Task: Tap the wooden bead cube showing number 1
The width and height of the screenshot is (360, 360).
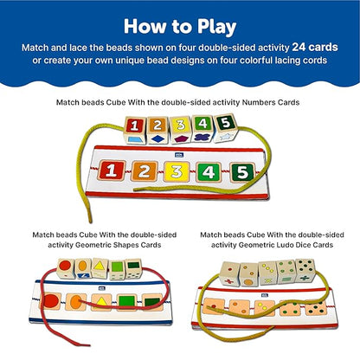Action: pos(136,128)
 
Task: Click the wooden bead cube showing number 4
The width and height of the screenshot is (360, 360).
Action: pos(203,127)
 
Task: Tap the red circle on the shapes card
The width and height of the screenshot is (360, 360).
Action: pos(50,305)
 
